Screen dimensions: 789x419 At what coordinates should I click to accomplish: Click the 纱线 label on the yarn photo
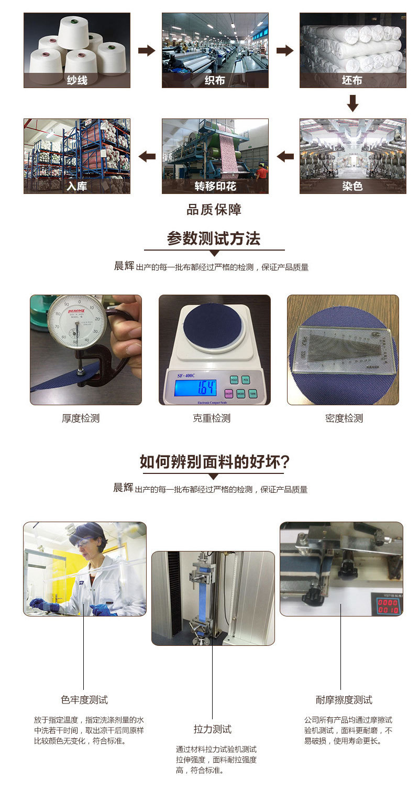coord(77,80)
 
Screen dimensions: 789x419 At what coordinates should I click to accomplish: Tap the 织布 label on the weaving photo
coord(215,80)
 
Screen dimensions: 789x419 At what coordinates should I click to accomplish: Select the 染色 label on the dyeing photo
coord(352,186)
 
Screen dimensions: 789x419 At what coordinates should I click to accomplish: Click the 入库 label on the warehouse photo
coord(77,186)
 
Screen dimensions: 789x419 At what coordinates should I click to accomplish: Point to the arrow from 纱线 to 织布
coord(147,50)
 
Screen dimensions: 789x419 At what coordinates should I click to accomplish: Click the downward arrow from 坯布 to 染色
coord(353,103)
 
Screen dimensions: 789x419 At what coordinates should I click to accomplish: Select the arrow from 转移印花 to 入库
coord(147,156)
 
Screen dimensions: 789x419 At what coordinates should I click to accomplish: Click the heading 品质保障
coord(214,210)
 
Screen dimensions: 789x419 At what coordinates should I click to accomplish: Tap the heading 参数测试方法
coord(214,239)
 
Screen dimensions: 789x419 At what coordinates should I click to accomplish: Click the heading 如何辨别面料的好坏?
coord(214,462)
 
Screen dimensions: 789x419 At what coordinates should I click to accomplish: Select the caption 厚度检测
coord(81,418)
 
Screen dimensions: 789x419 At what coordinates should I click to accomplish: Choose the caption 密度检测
coord(344,418)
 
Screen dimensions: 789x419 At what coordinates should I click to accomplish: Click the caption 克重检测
coord(212,418)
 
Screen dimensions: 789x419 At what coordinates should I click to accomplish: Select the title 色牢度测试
coord(84,700)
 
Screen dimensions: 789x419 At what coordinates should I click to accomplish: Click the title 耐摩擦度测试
coord(344,700)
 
